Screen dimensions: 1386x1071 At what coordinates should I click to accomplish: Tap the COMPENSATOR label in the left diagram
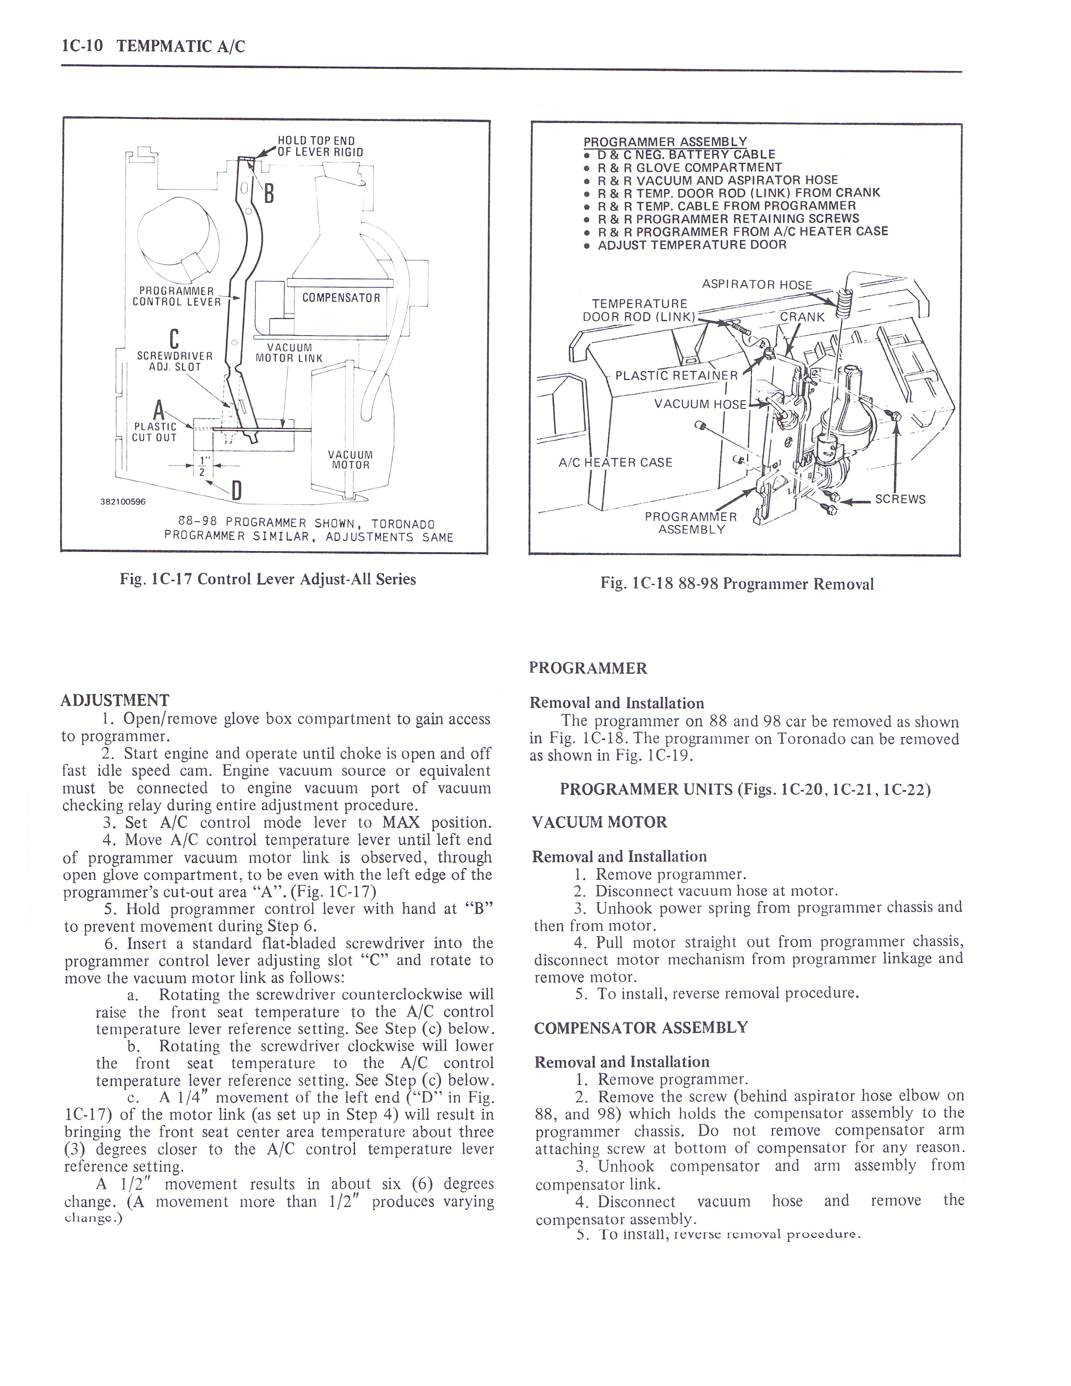click(341, 298)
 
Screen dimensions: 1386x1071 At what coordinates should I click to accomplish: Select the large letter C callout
click(174, 338)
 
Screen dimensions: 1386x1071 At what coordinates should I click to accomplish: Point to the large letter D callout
click(236, 491)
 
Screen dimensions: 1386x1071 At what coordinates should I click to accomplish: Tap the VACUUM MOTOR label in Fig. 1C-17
click(350, 459)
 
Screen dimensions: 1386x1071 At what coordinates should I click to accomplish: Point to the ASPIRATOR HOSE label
click(756, 284)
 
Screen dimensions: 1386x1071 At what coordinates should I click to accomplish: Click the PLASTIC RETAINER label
click(676, 375)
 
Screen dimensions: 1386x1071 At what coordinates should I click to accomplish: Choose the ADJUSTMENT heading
click(115, 700)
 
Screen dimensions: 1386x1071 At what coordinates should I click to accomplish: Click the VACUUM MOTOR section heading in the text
click(600, 822)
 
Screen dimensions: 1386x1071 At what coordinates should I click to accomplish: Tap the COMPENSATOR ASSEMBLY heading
click(641, 1027)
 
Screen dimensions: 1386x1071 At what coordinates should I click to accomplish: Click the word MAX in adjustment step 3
click(401, 822)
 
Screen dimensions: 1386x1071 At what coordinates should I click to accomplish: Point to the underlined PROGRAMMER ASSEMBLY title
click(665, 142)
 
